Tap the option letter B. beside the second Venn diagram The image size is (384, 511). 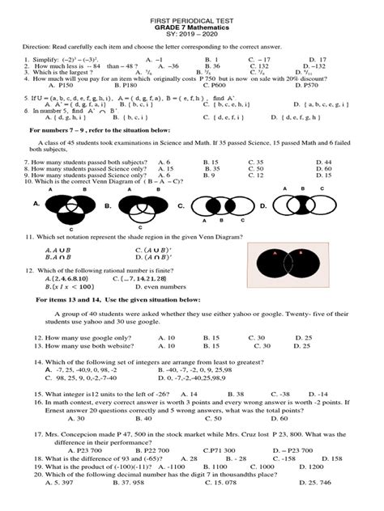click(x=106, y=207)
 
